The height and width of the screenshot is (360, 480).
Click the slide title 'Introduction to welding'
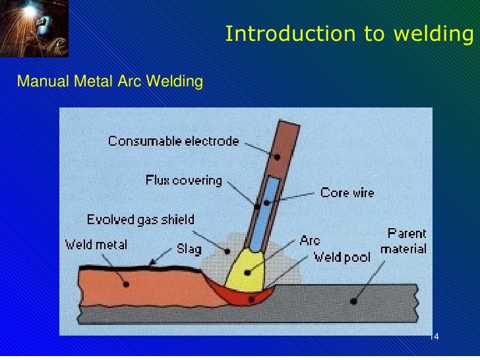pyautogui.click(x=349, y=34)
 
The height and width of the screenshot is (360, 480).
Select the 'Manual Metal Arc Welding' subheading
pyautogui.click(x=109, y=82)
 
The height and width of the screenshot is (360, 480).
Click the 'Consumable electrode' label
pyautogui.click(x=173, y=141)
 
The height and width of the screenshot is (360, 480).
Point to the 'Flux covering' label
pyautogui.click(x=184, y=180)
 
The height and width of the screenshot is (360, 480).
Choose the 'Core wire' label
pyautogui.click(x=347, y=193)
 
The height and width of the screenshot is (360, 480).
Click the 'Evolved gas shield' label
pyautogui.click(x=140, y=220)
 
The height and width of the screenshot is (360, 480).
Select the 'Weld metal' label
pyautogui.click(x=96, y=245)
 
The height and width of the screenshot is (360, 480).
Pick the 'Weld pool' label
pyautogui.click(x=341, y=256)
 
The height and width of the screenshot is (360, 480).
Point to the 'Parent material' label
pyautogui.click(x=404, y=241)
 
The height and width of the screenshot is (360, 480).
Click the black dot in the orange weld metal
pyautogui.click(x=125, y=284)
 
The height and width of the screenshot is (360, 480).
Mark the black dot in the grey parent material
pyautogui.click(x=354, y=301)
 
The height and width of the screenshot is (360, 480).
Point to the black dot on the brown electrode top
pyautogui.click(x=278, y=157)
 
